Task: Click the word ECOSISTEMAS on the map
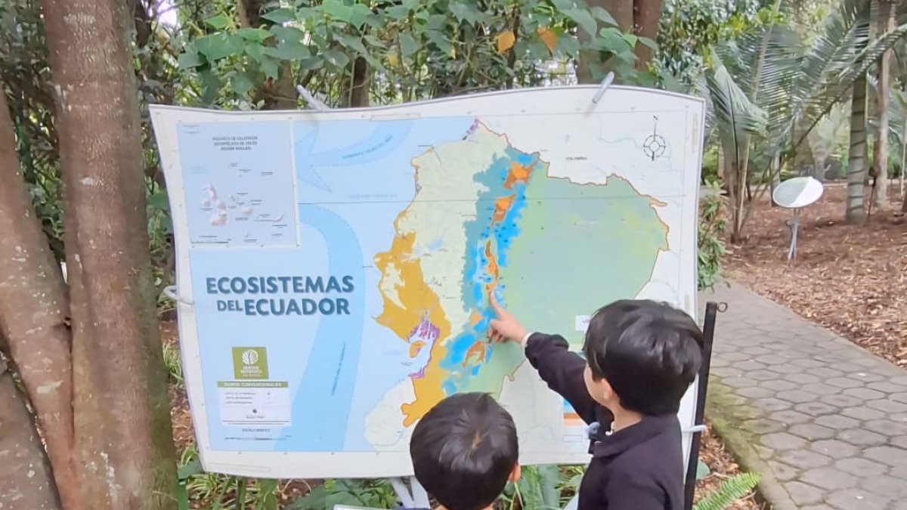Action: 279,285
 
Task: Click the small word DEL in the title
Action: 231,306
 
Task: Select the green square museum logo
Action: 249,362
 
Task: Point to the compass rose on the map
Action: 655,145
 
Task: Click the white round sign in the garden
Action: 797,192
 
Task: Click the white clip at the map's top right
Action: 603,88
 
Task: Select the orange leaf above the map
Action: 505,41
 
